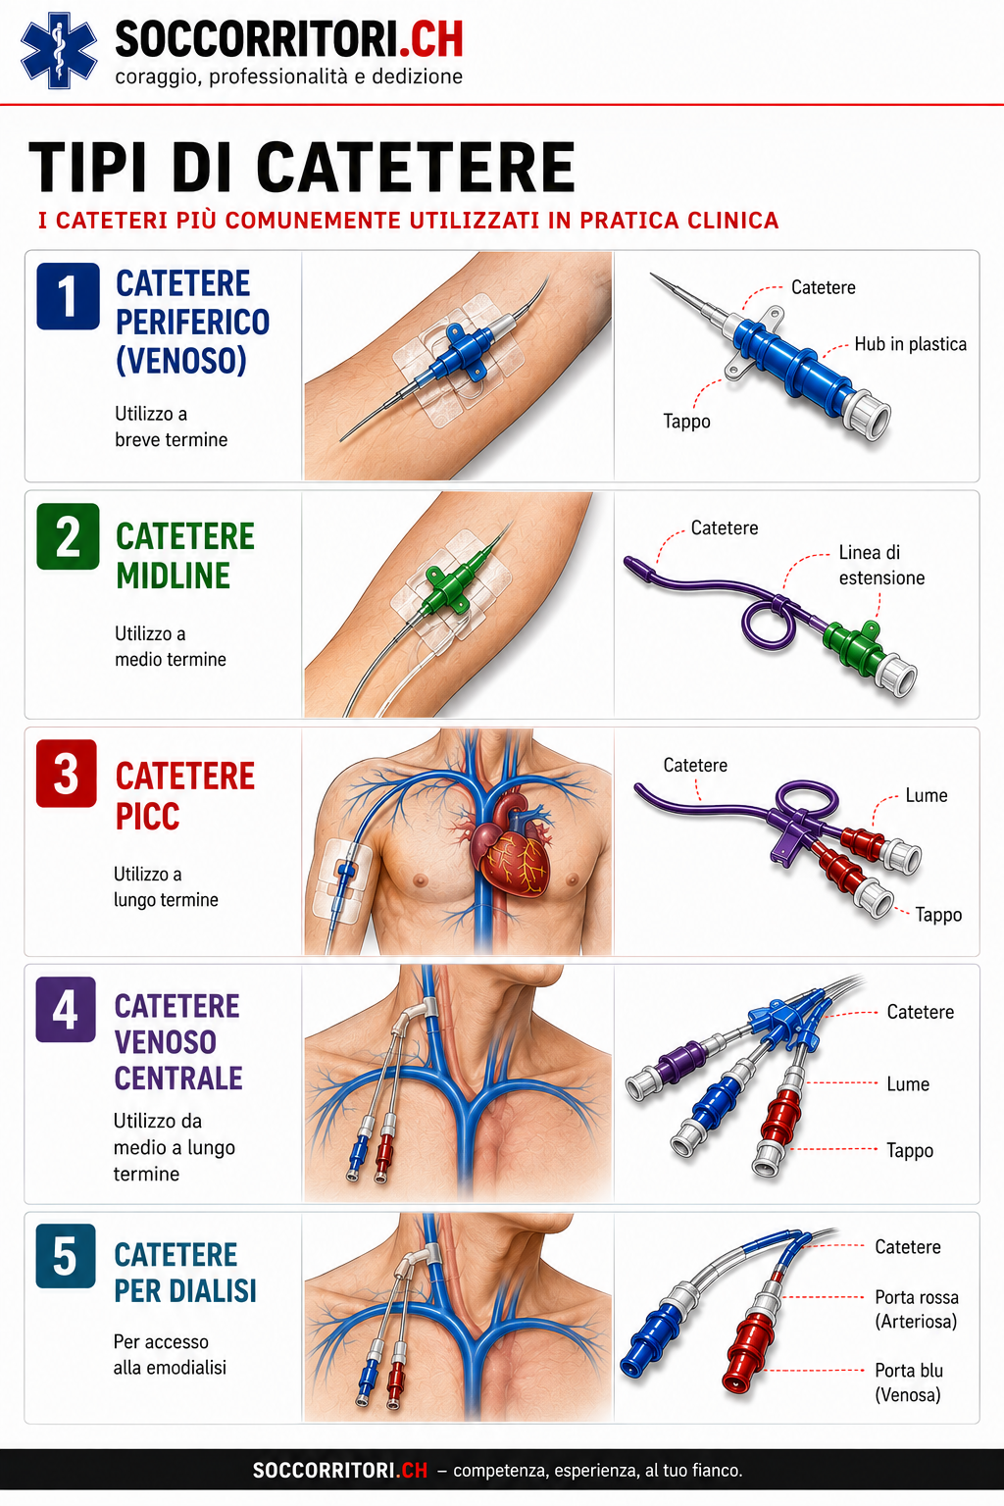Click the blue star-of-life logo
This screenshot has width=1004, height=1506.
[x=59, y=50]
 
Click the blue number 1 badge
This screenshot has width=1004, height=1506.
[x=68, y=296]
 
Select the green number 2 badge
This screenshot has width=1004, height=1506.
[x=68, y=536]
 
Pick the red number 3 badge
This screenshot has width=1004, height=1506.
[x=67, y=774]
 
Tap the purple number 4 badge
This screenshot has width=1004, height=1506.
[x=66, y=1010]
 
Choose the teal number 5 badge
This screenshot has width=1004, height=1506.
[x=66, y=1256]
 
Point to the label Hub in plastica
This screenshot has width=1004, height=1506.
[x=911, y=344]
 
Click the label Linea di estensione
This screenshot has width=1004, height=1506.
[x=881, y=565]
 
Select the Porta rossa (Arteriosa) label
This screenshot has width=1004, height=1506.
[x=917, y=1309]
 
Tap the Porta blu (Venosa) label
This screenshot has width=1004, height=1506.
[x=909, y=1382]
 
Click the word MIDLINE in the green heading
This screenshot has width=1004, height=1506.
[x=173, y=576]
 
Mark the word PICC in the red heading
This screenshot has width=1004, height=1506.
[x=147, y=816]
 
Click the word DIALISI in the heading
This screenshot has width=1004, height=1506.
[x=217, y=1291]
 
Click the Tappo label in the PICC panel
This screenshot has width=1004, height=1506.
[x=938, y=915]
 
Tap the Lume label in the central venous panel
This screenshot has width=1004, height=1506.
[x=908, y=1083]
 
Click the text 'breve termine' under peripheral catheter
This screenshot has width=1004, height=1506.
[x=172, y=439]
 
